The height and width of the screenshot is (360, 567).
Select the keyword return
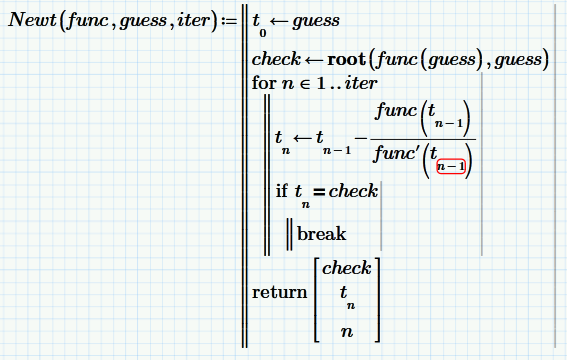click(x=279, y=293)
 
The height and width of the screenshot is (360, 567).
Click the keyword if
click(x=282, y=191)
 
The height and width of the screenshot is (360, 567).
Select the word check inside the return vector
click(x=346, y=268)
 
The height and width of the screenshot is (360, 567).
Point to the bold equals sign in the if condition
click(x=319, y=191)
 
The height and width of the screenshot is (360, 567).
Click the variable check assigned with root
click(x=276, y=60)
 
